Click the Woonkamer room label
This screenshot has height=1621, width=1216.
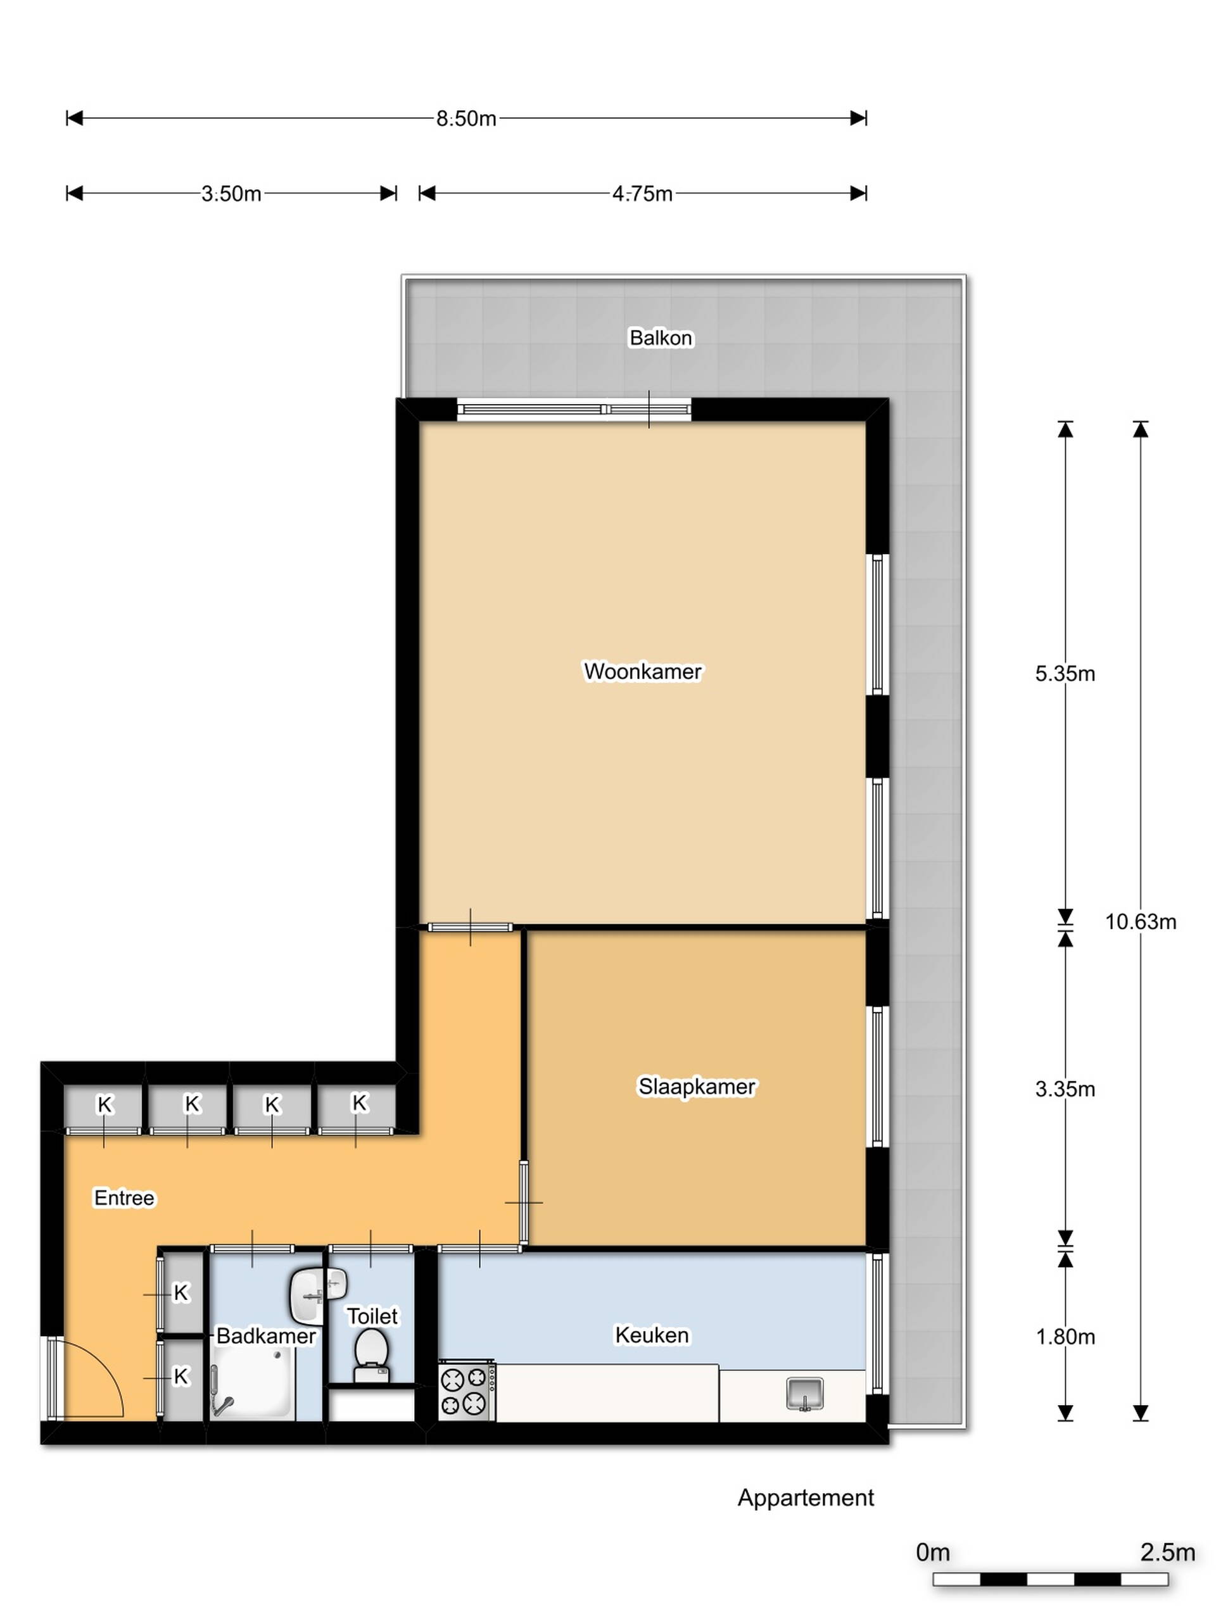pyautogui.click(x=642, y=671)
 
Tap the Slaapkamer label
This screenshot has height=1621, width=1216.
pyautogui.click(x=696, y=1086)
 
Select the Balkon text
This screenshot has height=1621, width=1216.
pyautogui.click(x=661, y=338)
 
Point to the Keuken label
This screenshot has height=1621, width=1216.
pyautogui.click(x=652, y=1335)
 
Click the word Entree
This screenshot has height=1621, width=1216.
pyautogui.click(x=125, y=1197)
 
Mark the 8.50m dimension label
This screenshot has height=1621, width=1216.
pyautogui.click(x=466, y=118)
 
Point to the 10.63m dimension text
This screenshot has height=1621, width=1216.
pyautogui.click(x=1141, y=921)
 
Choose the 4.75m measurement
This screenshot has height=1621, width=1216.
pyautogui.click(x=642, y=194)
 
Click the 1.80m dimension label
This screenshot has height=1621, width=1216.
pyautogui.click(x=1065, y=1337)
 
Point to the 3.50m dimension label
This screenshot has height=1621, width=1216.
pyautogui.click(x=232, y=194)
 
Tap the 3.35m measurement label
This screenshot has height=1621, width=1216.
pyautogui.click(x=1065, y=1089)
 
